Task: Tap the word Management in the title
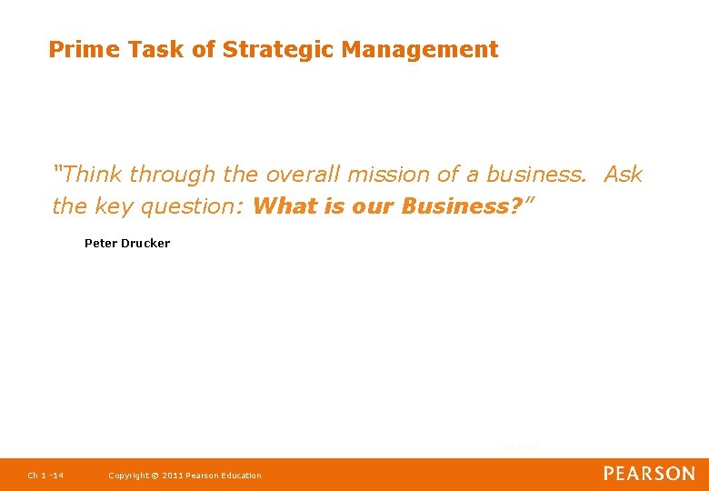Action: [x=420, y=50]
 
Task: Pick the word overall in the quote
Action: [x=301, y=174]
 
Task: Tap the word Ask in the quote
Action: [x=623, y=174]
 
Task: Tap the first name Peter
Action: [x=101, y=243]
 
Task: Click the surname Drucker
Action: [x=146, y=243]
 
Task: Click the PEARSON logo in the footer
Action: [x=649, y=474]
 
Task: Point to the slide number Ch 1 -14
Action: [x=45, y=476]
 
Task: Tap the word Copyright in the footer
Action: [x=129, y=476]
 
